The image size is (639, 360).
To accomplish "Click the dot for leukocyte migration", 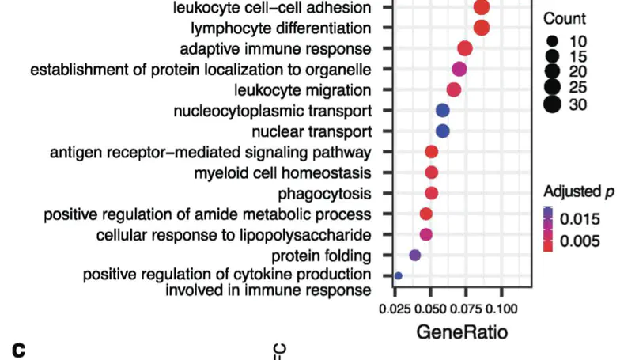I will [454, 89].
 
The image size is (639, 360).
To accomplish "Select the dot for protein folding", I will [415, 255].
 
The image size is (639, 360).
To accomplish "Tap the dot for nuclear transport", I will [443, 131].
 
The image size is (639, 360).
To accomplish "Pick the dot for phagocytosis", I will [432, 193].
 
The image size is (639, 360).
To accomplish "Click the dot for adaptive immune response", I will [465, 48].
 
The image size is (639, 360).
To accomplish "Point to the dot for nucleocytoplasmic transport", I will [443, 110].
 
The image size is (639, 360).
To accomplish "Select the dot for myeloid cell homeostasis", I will [432, 172].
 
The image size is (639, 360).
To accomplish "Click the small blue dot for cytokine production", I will [399, 275].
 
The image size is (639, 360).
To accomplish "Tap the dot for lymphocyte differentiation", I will [481, 28].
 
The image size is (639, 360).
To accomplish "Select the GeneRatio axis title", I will [463, 332].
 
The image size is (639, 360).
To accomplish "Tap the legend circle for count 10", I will [552, 40].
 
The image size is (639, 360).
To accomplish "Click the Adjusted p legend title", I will [578, 191].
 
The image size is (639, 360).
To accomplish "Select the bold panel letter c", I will [18, 348].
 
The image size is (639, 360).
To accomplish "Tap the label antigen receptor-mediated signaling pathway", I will [210, 152].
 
